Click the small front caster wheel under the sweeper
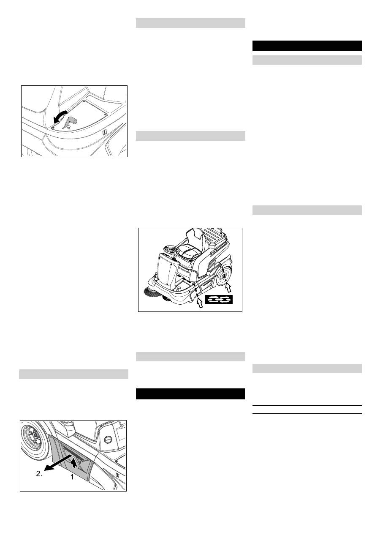pyautogui.click(x=168, y=300)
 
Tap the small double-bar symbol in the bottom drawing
pyautogui.click(x=117, y=475)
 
